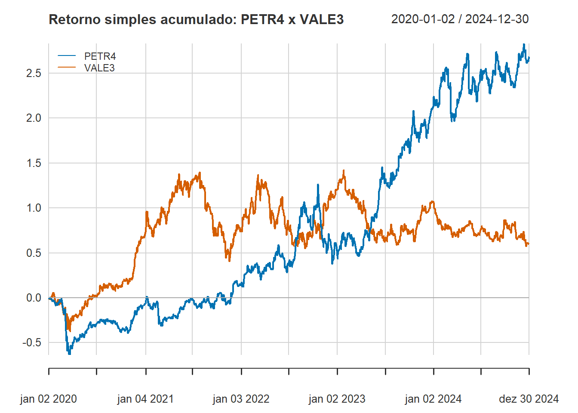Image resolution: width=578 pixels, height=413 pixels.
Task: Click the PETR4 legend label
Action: pos(100,56)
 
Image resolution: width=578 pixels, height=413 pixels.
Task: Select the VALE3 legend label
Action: pos(99,68)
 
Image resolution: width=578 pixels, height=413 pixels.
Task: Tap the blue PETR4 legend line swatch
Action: pos(67,56)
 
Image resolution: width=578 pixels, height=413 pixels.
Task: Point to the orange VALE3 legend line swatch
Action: pos(67,68)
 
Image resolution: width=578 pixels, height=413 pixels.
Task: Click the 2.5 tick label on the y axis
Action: pos(34,73)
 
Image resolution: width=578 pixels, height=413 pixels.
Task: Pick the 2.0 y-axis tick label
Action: pos(34,118)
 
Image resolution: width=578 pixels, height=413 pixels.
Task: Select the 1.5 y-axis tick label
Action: pos(34,163)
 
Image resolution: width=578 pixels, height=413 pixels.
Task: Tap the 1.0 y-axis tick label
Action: pos(34,208)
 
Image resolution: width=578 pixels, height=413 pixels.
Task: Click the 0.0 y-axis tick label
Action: pos(34,298)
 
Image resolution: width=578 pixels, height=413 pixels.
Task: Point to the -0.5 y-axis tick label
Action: pos(32,342)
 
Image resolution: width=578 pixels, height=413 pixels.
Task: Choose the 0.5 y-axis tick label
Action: pos(34,253)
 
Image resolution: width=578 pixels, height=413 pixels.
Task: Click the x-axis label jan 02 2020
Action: pos(49,399)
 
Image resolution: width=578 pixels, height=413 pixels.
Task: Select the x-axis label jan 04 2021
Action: pos(145,399)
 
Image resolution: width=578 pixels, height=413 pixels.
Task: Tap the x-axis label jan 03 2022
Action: pos(241,399)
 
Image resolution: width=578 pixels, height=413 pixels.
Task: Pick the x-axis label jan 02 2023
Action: pos(337,399)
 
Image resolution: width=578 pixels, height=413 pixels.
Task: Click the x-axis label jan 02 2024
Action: pos(433,399)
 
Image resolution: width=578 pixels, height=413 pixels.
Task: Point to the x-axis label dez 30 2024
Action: pos(529,399)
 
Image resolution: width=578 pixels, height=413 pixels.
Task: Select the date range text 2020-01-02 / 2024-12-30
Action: pos(460,19)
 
